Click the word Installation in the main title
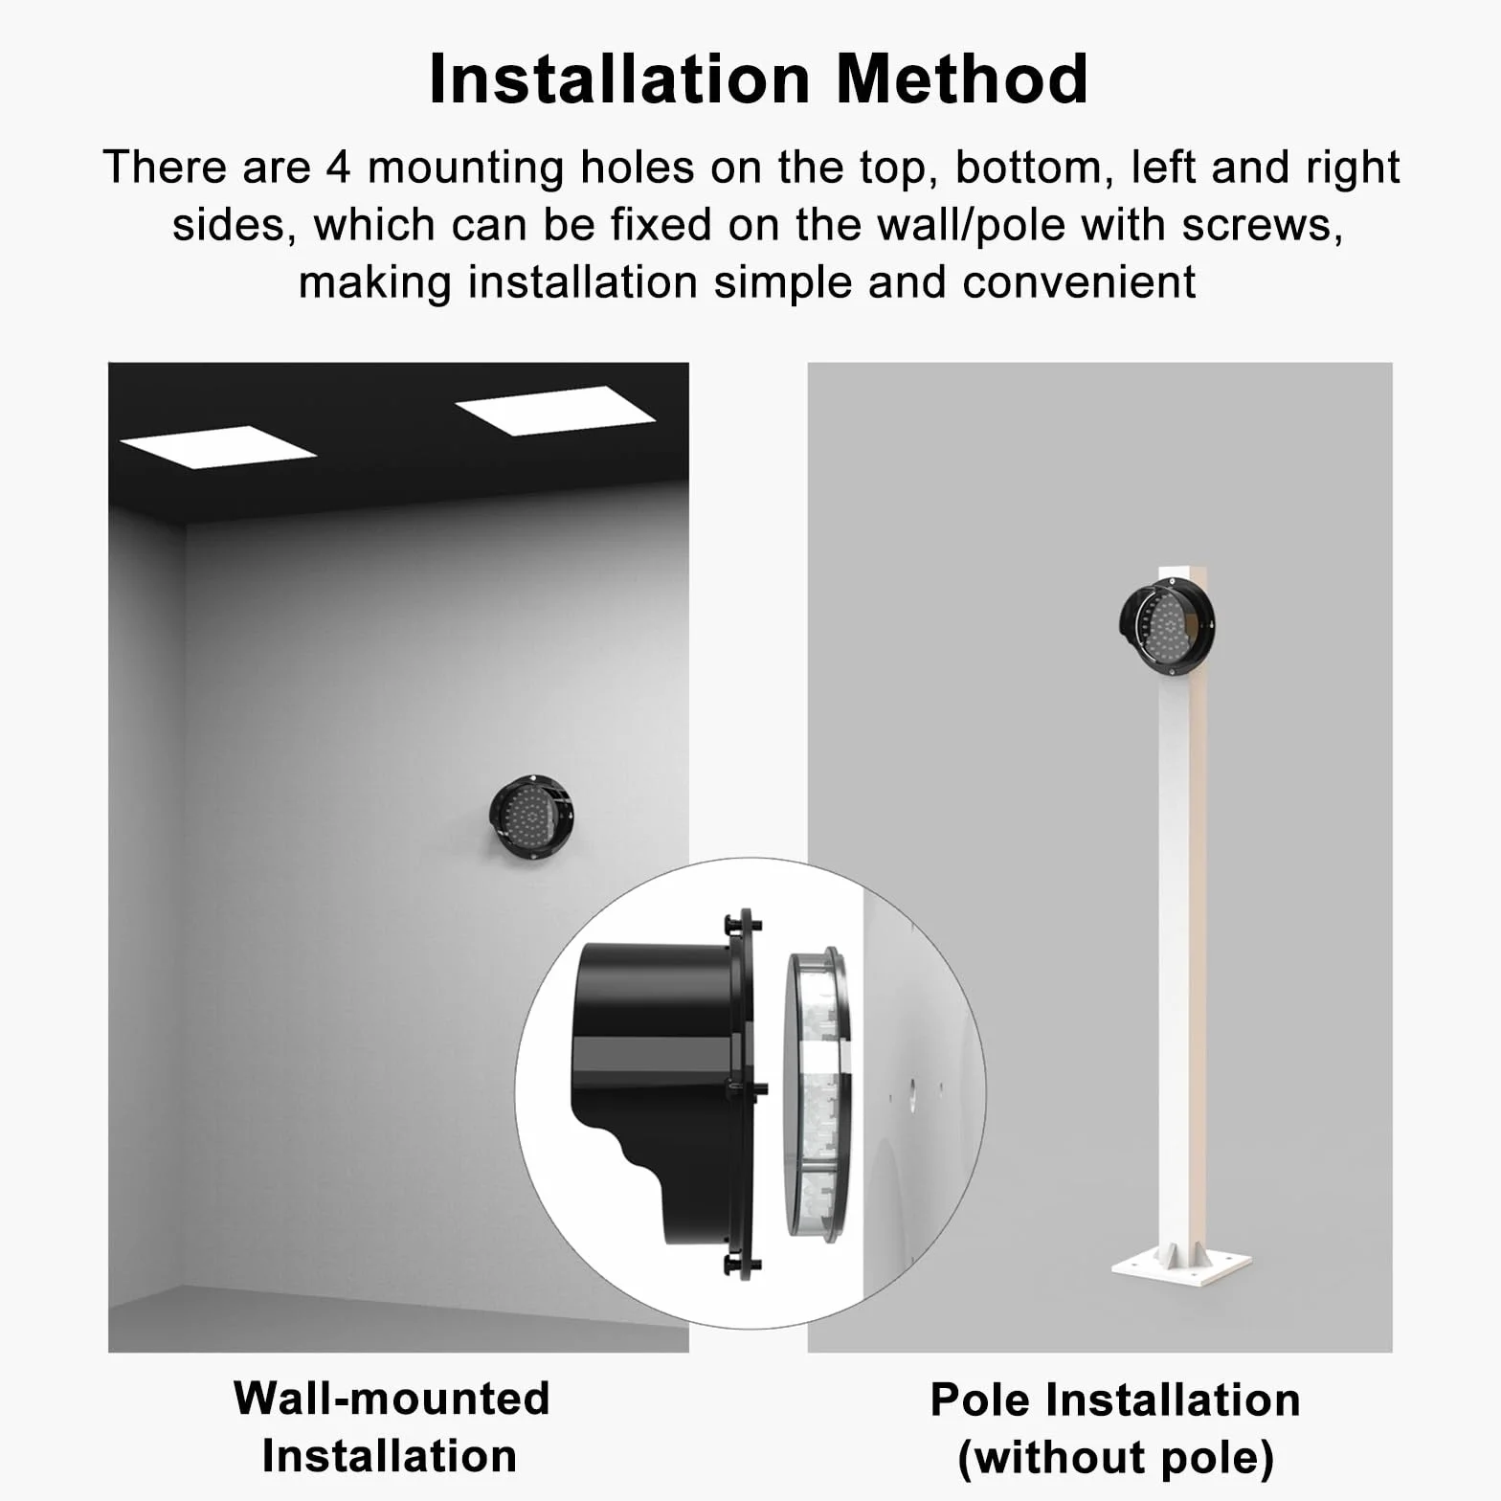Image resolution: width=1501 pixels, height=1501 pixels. click(620, 78)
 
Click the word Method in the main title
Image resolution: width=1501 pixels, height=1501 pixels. click(962, 78)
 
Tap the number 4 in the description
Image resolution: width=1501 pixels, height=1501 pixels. click(339, 168)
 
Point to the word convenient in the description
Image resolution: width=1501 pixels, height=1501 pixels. click(1079, 283)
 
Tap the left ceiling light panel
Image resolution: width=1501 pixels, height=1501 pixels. click(218, 447)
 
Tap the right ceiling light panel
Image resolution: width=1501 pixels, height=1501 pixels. click(554, 411)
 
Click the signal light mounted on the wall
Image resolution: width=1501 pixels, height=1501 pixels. click(531, 818)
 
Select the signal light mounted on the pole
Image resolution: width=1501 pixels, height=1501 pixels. click(1167, 626)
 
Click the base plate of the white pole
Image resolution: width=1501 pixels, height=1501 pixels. click(1181, 1264)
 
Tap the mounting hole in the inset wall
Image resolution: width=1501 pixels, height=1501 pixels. click(912, 1090)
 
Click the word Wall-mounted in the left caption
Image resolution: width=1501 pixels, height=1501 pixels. click(392, 1399)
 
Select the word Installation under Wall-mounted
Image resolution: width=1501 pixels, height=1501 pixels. click(390, 1456)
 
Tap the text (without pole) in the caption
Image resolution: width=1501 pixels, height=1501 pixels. click(1116, 1458)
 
